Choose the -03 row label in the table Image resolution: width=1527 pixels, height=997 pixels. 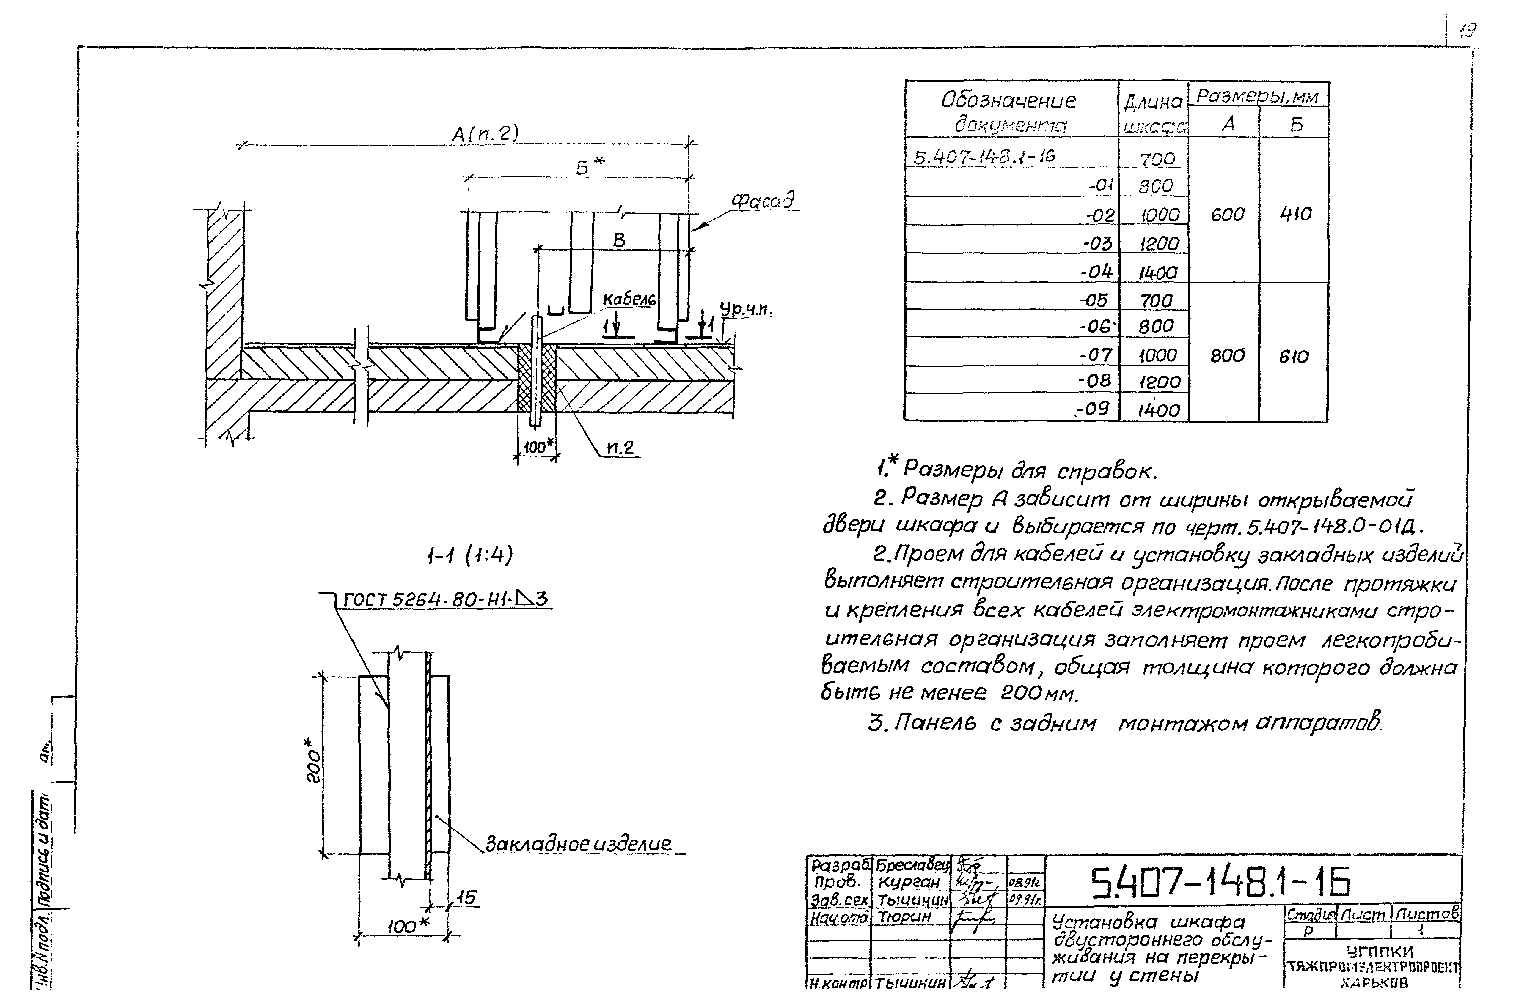point(1098,244)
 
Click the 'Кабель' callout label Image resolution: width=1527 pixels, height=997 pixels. point(629,300)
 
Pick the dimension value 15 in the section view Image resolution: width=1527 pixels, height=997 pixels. point(468,898)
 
